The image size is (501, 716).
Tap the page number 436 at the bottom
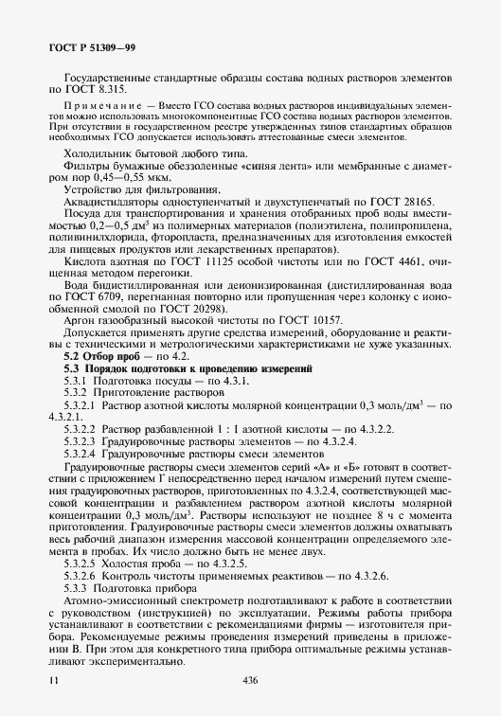point(251,680)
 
